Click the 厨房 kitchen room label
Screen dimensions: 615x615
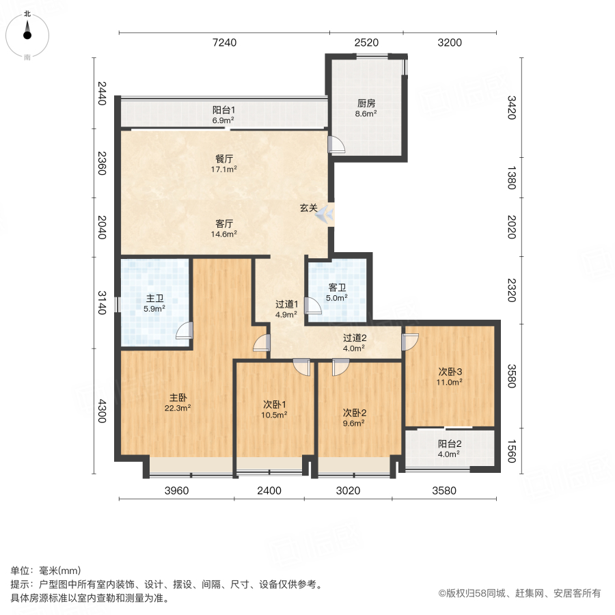click(x=366, y=103)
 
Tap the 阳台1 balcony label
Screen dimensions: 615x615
click(x=223, y=110)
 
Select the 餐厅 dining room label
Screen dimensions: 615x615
click(x=224, y=159)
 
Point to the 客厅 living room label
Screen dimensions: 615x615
click(x=224, y=223)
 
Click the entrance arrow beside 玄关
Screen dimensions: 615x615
click(x=325, y=214)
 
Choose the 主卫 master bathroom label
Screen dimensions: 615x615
click(x=154, y=299)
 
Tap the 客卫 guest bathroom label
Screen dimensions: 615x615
click(x=337, y=288)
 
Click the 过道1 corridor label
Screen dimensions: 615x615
click(x=287, y=304)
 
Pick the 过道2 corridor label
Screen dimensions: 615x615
click(x=355, y=338)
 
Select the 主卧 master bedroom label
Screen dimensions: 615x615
click(x=178, y=398)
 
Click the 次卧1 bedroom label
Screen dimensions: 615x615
click(x=275, y=405)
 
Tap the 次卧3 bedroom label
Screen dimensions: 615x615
click(x=450, y=372)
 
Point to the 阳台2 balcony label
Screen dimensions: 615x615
click(x=450, y=443)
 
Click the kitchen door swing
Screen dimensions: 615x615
click(x=336, y=144)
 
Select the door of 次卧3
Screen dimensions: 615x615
click(x=410, y=342)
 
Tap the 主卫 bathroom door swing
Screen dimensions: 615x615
click(x=184, y=330)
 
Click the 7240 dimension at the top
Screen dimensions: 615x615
click(x=224, y=42)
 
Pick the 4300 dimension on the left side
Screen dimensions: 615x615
click(x=102, y=411)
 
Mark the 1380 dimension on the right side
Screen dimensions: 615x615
click(x=511, y=178)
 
